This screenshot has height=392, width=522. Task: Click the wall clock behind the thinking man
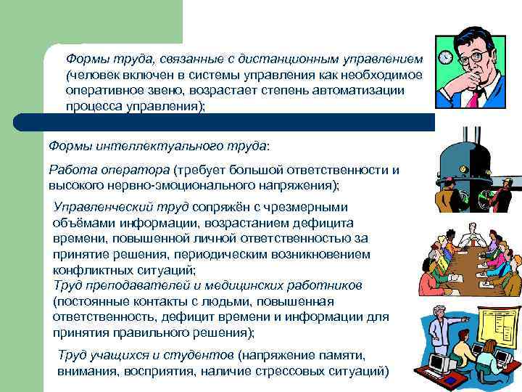pyautogui.click(x=444, y=57)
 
